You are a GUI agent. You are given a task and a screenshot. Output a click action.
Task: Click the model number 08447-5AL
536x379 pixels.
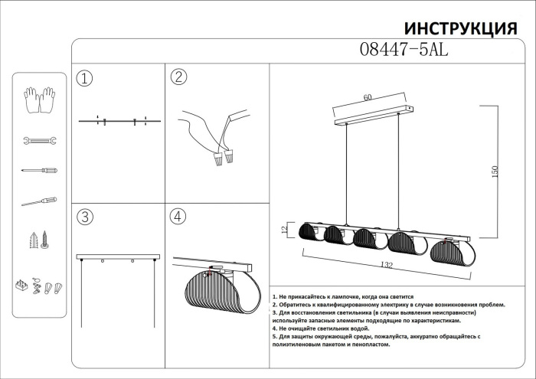coord(403,50)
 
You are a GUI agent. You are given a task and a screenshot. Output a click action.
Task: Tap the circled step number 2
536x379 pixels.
coord(178,77)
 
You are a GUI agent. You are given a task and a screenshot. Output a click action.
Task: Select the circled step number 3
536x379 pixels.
coord(85,217)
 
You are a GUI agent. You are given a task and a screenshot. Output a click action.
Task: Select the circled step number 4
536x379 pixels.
coord(178,217)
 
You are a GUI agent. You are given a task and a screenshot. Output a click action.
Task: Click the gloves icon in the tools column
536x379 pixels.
coord(38,100)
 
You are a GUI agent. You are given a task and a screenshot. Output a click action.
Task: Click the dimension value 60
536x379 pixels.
coord(368,97)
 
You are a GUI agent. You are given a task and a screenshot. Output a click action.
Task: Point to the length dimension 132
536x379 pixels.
coord(387,265)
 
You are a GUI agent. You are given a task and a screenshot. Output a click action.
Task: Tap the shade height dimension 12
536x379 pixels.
coord(283,230)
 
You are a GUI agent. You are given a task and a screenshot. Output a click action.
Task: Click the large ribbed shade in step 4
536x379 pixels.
coord(214,295)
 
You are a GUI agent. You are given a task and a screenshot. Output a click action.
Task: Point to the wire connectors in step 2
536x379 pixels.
coord(222,159)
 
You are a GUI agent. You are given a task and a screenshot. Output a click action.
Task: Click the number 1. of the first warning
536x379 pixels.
coord(275,296)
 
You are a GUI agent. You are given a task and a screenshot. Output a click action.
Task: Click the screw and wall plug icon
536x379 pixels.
coord(39,241)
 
